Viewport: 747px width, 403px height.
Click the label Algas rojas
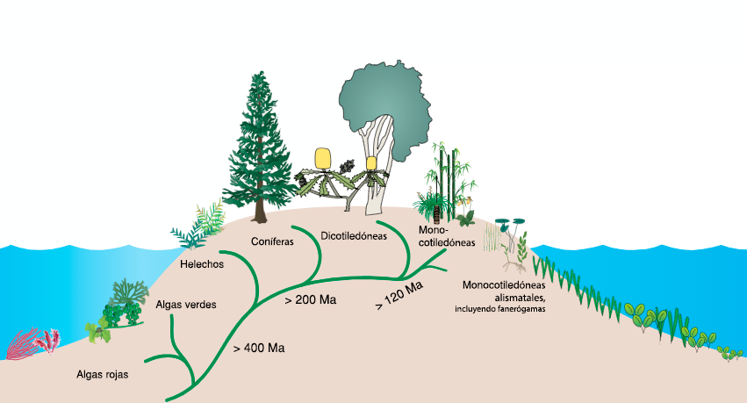104,375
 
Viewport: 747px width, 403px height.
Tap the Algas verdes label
185,306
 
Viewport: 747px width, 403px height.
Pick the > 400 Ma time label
259,348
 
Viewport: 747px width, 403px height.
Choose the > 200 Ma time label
311,300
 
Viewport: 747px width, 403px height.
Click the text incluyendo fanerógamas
500,309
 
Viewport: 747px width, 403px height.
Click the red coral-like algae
33,343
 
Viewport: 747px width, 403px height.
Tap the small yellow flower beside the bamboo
470,213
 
